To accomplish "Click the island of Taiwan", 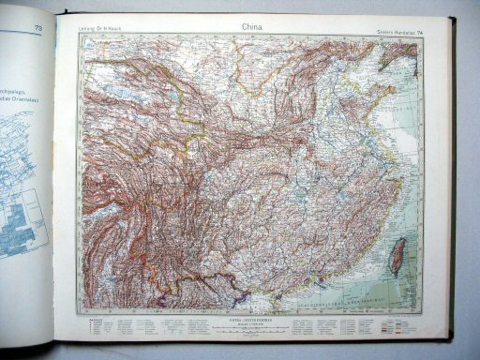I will coord(397,253).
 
